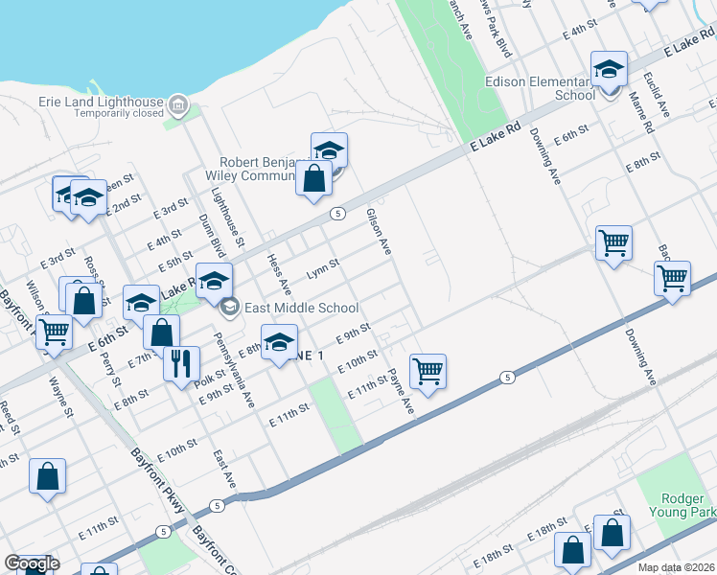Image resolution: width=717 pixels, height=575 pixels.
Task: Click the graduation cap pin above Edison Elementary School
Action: pos(609,70)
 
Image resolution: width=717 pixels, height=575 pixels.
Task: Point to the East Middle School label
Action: pos(300,309)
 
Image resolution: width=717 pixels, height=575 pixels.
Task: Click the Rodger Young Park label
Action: pos(688,505)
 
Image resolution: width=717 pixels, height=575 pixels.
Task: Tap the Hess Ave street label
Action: pos(279,272)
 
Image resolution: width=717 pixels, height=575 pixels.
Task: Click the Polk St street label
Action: pos(209,376)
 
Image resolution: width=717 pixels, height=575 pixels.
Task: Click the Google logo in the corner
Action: pos(32,564)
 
